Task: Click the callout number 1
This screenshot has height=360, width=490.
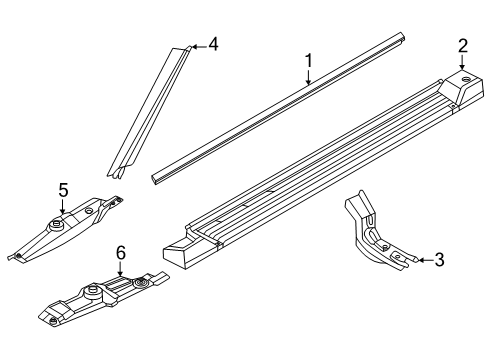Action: [x=309, y=61]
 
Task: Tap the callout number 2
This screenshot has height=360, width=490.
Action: [x=463, y=46]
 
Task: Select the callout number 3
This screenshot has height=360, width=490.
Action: [x=440, y=260]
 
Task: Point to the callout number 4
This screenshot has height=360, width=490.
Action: [x=213, y=44]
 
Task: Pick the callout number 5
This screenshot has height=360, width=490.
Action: [x=63, y=190]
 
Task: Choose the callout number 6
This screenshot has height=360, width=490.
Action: [x=121, y=253]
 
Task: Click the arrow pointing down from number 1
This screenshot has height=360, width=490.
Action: [x=309, y=77]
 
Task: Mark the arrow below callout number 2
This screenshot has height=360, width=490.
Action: [x=462, y=62]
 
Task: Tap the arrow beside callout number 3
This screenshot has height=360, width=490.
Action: [x=425, y=260]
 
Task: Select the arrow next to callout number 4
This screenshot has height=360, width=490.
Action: [x=199, y=47]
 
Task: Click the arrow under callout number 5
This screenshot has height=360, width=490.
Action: [x=62, y=206]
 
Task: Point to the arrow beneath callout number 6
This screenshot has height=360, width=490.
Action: [x=120, y=269]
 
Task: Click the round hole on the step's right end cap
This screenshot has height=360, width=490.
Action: [x=466, y=80]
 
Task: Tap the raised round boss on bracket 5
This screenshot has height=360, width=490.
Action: [x=56, y=225]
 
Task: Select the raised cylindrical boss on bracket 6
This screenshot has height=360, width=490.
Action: [x=93, y=293]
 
